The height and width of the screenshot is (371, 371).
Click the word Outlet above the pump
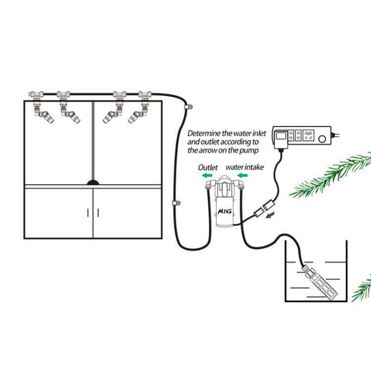tap(208, 168)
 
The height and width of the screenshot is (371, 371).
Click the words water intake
tap(244, 168)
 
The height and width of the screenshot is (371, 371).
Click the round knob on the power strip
tap(323, 139)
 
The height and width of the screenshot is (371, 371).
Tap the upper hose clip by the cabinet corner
tap(188, 106)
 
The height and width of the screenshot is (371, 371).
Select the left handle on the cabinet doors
tap(89, 213)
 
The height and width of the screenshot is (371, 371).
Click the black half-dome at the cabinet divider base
tap(93, 182)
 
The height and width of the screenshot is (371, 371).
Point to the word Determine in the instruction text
tap(204, 133)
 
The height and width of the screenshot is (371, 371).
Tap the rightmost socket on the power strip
tap(310, 135)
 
